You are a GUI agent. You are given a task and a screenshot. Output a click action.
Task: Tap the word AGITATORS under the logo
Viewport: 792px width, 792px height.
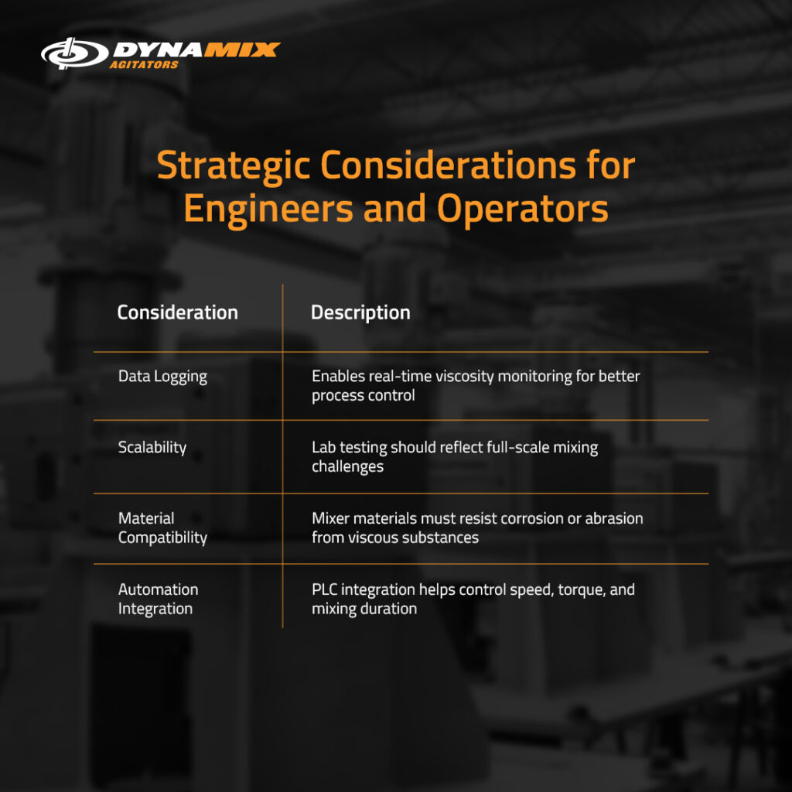[145, 65]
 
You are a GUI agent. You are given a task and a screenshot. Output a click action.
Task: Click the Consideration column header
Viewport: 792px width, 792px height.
[177, 312]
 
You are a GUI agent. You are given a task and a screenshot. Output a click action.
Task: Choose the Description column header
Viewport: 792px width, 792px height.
[360, 312]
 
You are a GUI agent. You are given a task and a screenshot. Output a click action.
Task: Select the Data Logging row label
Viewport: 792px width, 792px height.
[162, 377]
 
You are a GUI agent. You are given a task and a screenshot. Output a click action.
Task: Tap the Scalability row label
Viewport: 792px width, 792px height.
[152, 447]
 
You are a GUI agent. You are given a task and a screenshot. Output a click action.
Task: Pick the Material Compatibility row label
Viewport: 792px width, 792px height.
[162, 527]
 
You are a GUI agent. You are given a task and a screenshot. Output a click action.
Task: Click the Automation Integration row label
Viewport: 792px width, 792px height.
[158, 599]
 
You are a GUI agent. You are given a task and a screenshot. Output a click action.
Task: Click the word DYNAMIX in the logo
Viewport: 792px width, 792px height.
[196, 50]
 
